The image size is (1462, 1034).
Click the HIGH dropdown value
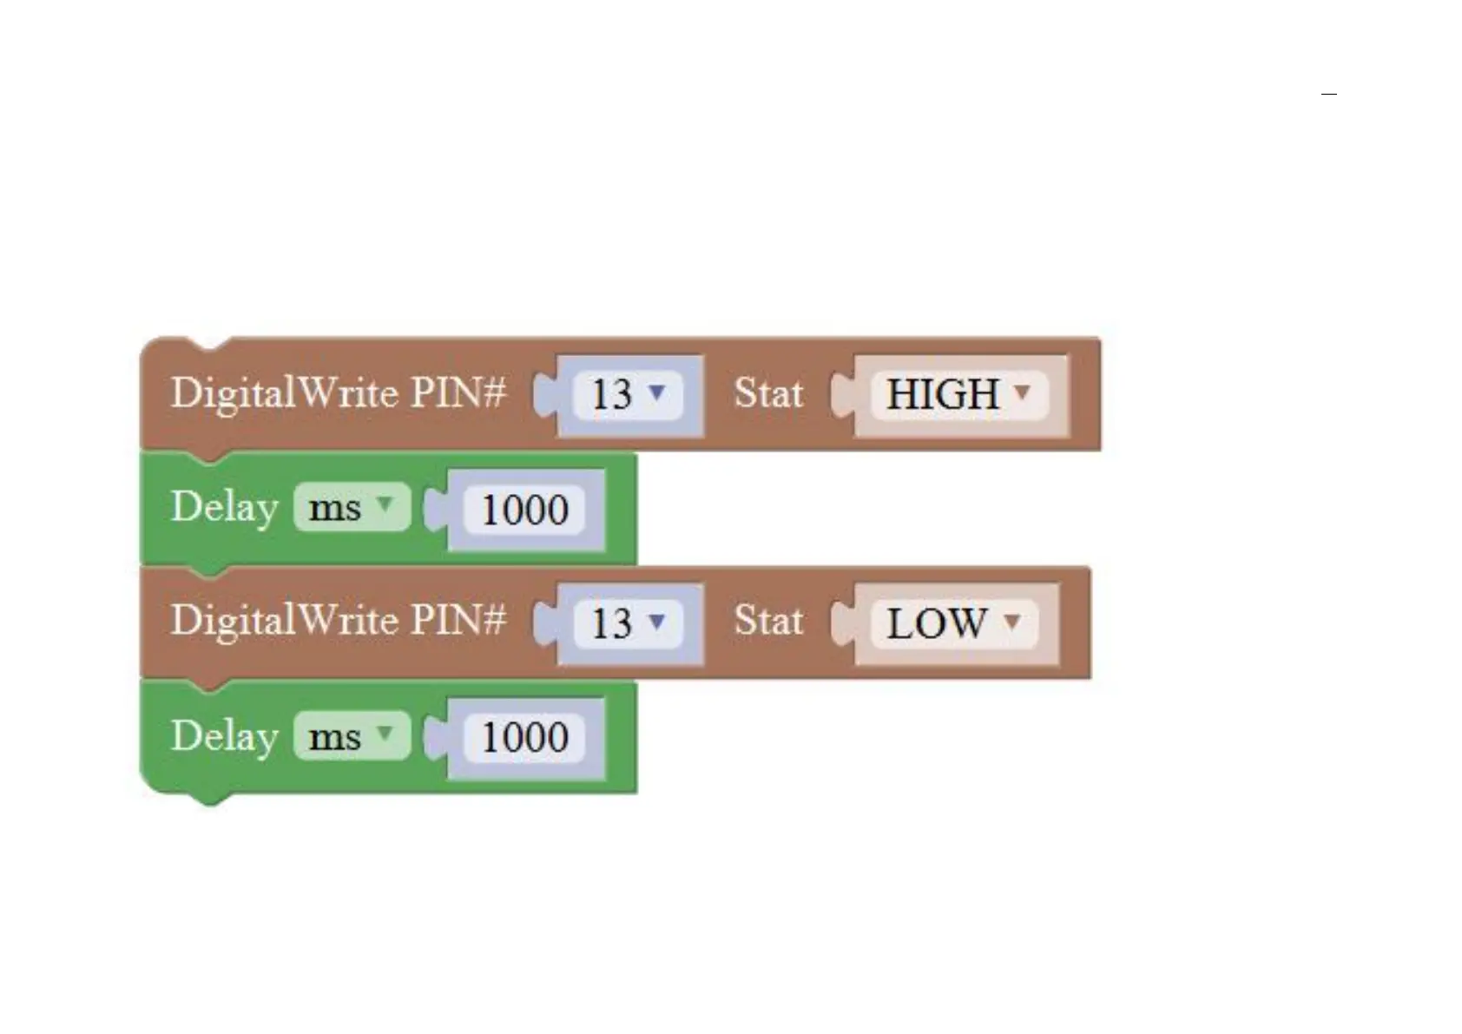click(943, 395)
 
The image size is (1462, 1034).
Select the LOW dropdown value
click(936, 623)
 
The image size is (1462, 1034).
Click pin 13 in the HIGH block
click(612, 395)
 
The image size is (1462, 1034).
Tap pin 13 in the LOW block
click(612, 623)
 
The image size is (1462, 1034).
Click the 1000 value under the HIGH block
click(524, 510)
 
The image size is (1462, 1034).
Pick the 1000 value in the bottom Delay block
click(524, 737)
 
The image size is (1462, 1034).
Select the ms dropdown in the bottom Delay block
click(351, 736)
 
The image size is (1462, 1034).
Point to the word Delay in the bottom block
click(224, 736)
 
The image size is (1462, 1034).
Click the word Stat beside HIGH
click(768, 393)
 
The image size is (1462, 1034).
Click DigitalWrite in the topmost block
click(284, 393)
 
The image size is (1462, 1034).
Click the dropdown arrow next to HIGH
click(1023, 392)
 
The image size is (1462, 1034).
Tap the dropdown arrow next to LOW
click(1012, 622)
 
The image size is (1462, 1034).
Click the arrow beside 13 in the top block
click(657, 392)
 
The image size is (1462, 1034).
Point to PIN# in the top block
click(458, 393)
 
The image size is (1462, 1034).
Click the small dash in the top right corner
click(1328, 94)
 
